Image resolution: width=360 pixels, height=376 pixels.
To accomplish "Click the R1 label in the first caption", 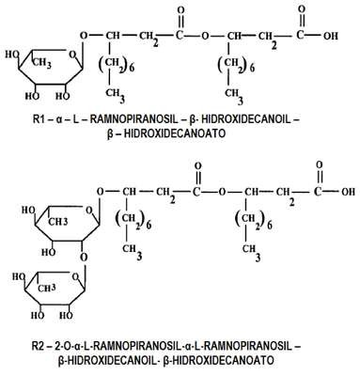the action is [x=39, y=119].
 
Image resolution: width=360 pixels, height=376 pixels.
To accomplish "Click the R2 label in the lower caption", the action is [x=39, y=347].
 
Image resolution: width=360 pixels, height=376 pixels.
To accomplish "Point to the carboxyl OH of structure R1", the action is [x=331, y=36].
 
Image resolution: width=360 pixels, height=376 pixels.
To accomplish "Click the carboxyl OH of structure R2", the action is [x=348, y=192].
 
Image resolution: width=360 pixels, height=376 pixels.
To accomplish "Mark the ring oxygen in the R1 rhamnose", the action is [x=72, y=55].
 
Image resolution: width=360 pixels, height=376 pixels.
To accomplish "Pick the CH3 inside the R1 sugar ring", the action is [x=42, y=63].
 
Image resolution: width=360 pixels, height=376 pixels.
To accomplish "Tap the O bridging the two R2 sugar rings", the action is [x=84, y=258].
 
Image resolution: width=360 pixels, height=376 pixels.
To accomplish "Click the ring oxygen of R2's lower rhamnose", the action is [x=75, y=277].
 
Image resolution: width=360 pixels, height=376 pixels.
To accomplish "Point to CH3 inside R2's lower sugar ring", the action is [x=47, y=289].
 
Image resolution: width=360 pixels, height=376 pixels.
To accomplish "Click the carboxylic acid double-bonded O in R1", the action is [x=302, y=9].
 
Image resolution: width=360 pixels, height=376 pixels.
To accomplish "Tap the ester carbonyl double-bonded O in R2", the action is [x=198, y=166].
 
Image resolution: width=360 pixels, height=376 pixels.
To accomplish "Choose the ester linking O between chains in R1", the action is [x=205, y=36].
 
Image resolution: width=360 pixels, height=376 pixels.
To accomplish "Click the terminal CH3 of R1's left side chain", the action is [x=115, y=95].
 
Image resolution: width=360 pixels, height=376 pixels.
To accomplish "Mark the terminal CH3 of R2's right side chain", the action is [x=251, y=252].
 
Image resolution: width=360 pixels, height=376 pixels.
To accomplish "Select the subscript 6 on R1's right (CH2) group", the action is [x=252, y=69].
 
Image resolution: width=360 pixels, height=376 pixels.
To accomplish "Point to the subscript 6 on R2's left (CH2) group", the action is [x=149, y=225].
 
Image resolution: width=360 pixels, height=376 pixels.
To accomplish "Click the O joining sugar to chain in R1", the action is [x=84, y=36].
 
